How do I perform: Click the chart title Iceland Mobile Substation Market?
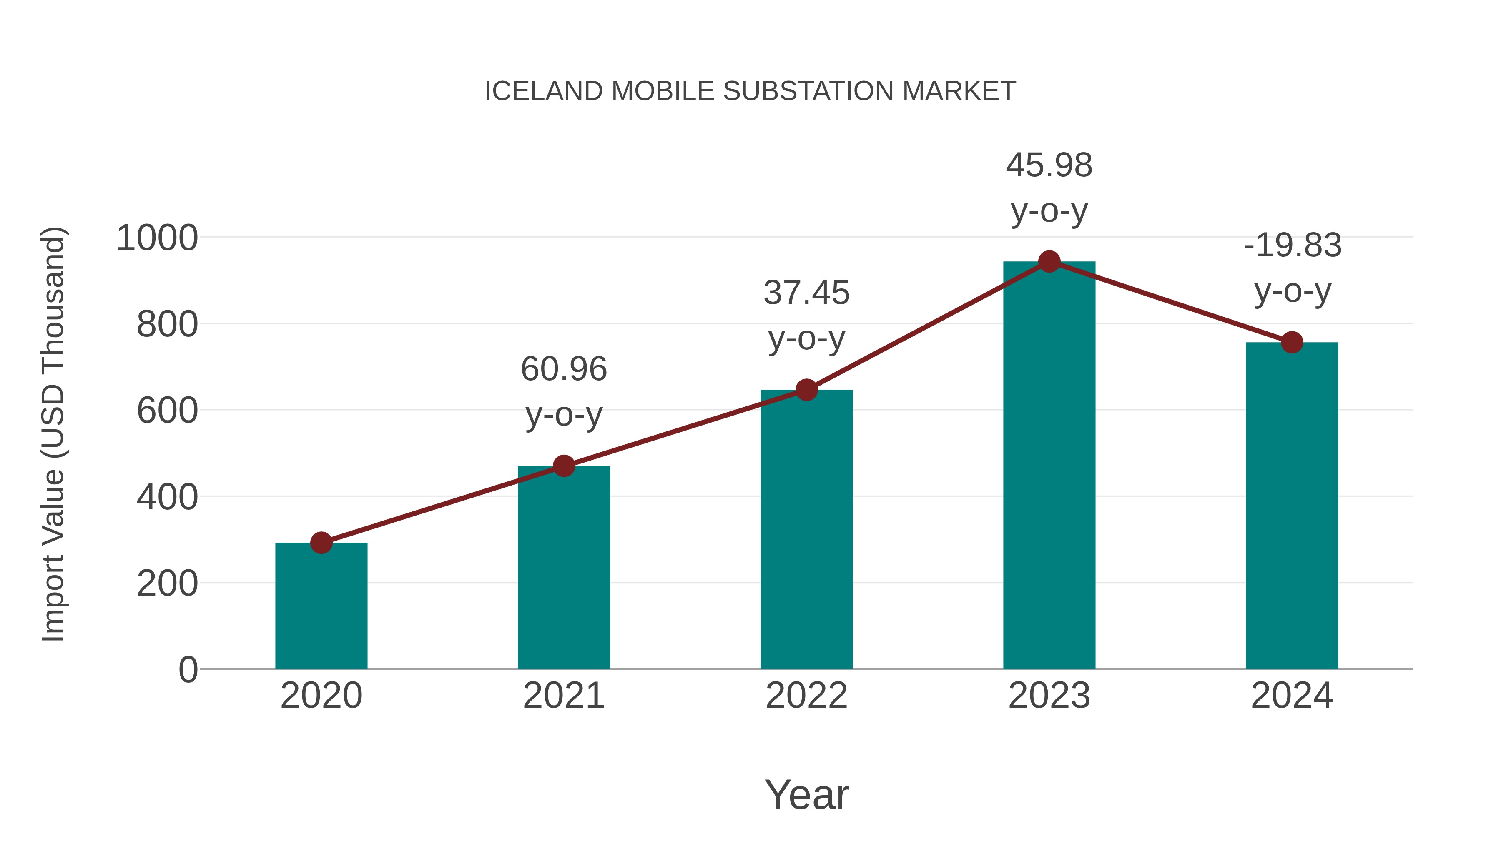click(x=750, y=91)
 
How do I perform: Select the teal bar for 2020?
click(x=321, y=606)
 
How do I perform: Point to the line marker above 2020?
click(x=321, y=543)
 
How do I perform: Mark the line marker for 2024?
click(x=1292, y=343)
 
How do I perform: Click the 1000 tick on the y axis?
click(x=157, y=238)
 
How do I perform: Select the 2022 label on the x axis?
click(x=806, y=696)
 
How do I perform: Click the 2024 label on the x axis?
click(x=1292, y=696)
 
